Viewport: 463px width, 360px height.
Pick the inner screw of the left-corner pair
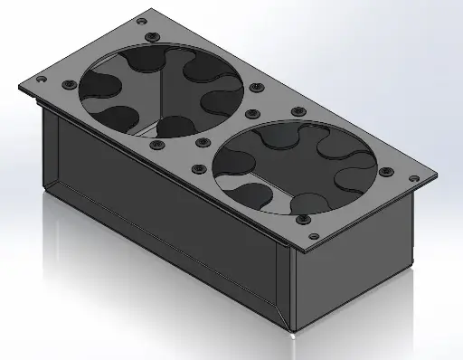point(68,84)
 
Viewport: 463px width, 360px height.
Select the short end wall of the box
point(353,271)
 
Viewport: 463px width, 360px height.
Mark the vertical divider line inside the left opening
point(162,95)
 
